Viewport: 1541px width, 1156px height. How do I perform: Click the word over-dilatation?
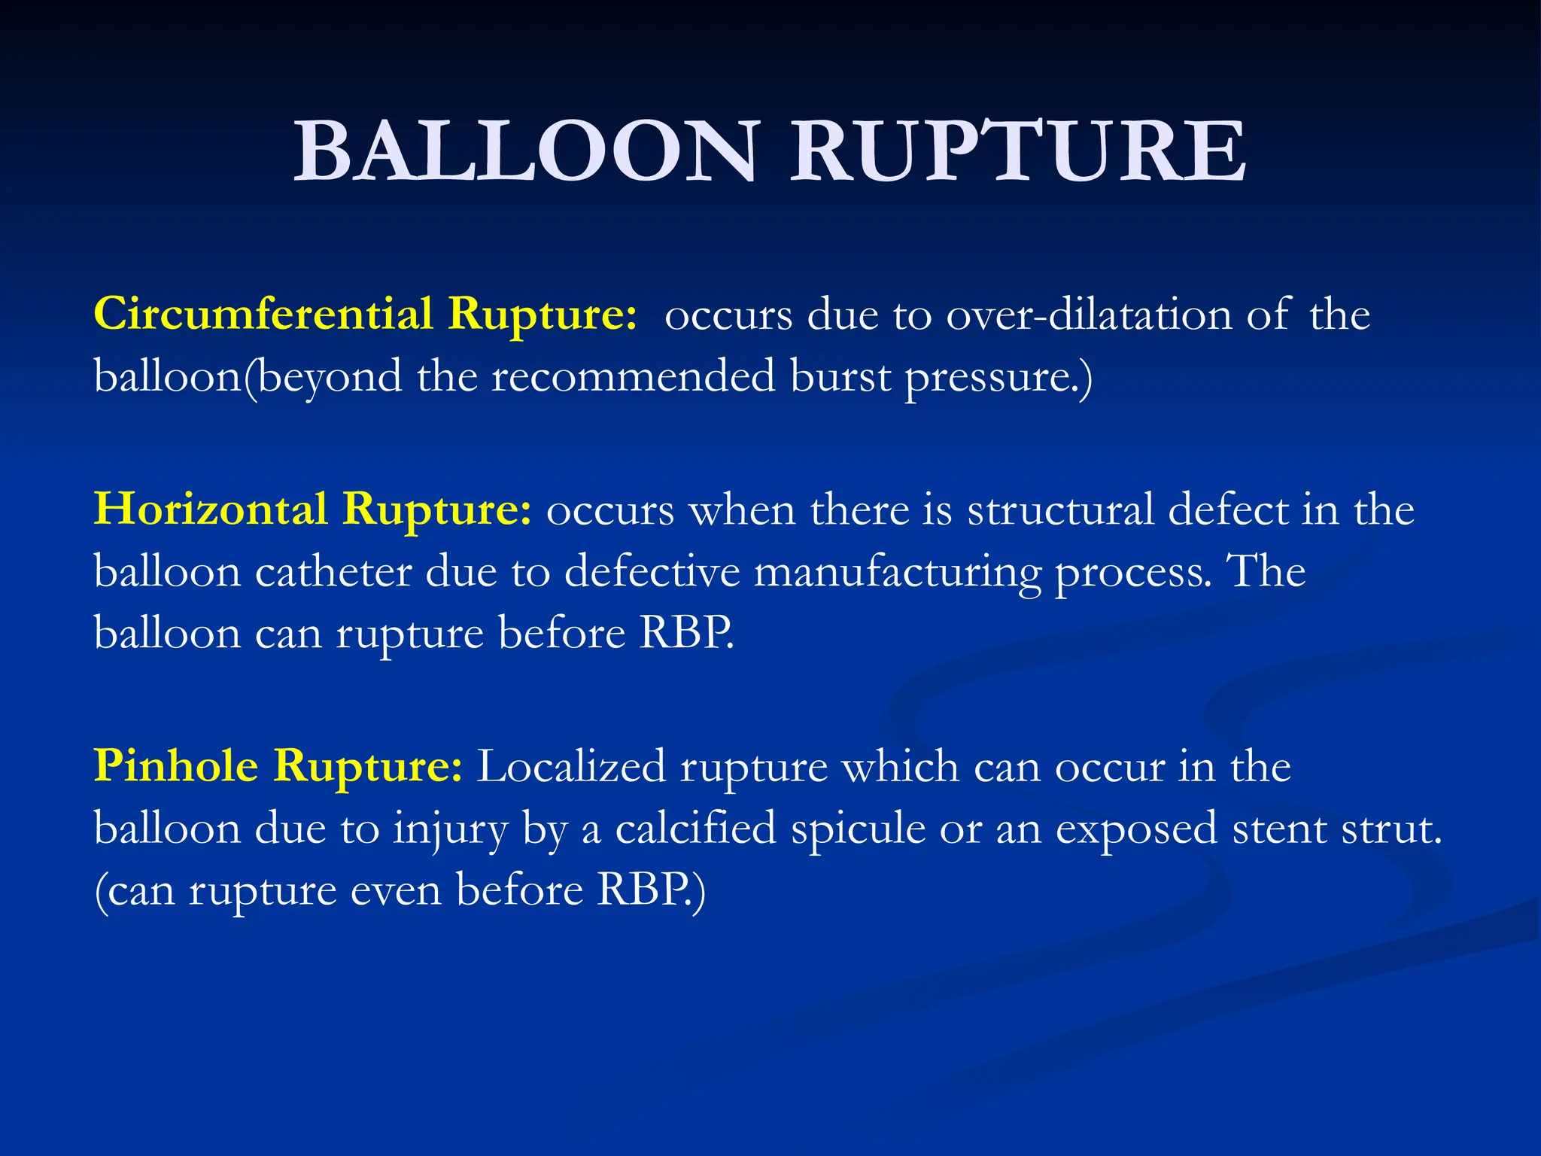coord(1089,315)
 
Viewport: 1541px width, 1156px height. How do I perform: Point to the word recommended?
coord(634,376)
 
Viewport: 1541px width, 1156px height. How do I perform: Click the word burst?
coord(840,376)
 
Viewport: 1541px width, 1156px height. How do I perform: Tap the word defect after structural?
coord(1228,510)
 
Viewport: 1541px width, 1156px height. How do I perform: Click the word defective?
coord(652,572)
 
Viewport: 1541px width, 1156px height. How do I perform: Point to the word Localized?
coord(571,767)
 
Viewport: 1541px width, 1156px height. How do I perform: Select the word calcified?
coord(695,829)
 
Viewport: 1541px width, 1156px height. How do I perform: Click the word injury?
coord(450,830)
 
